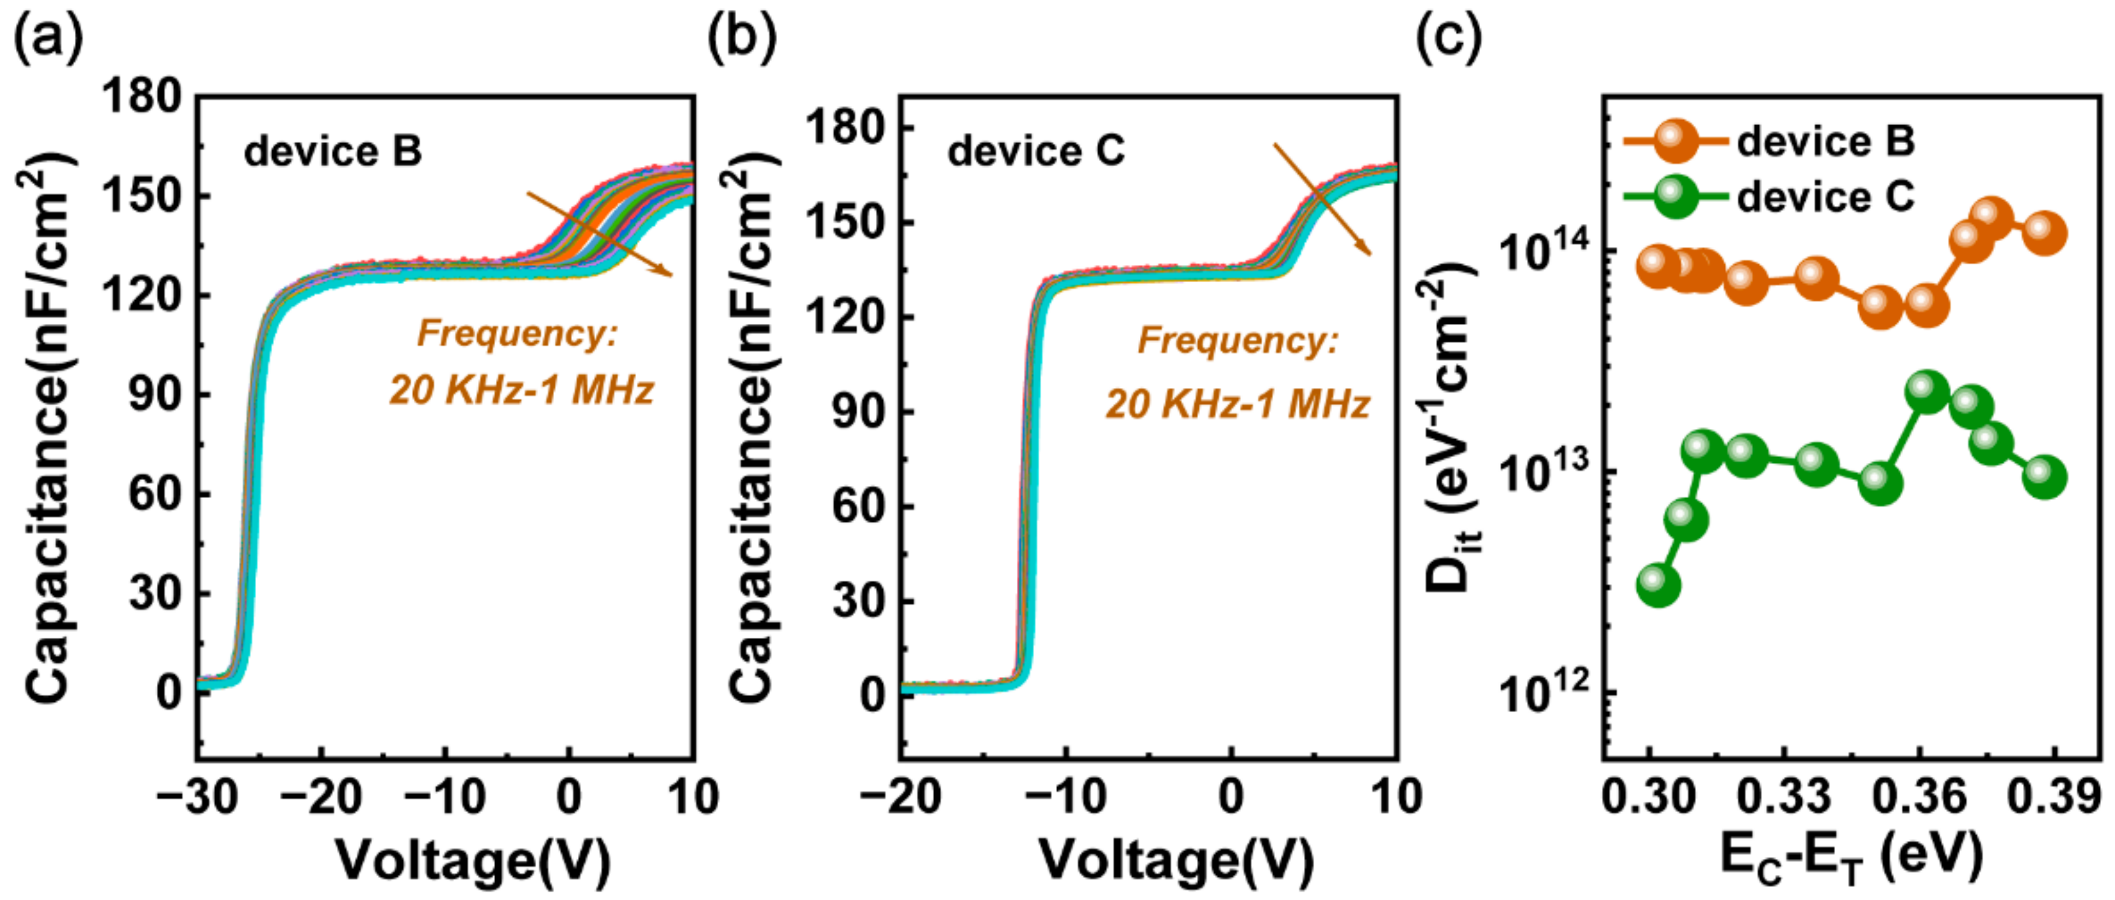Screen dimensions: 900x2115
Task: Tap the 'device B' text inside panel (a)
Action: click(332, 151)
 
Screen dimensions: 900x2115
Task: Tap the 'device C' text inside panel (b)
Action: click(1035, 151)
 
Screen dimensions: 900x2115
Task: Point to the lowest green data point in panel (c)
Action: click(1658, 585)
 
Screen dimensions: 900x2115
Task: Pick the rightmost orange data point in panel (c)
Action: click(2044, 233)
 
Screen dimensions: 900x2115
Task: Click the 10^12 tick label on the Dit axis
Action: click(1544, 694)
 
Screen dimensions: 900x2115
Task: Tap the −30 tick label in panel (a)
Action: click(195, 797)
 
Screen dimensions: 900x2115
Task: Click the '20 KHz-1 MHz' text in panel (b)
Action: click(1237, 405)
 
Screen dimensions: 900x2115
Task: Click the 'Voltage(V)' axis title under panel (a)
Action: click(474, 860)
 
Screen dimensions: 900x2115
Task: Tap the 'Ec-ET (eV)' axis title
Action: click(1852, 860)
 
